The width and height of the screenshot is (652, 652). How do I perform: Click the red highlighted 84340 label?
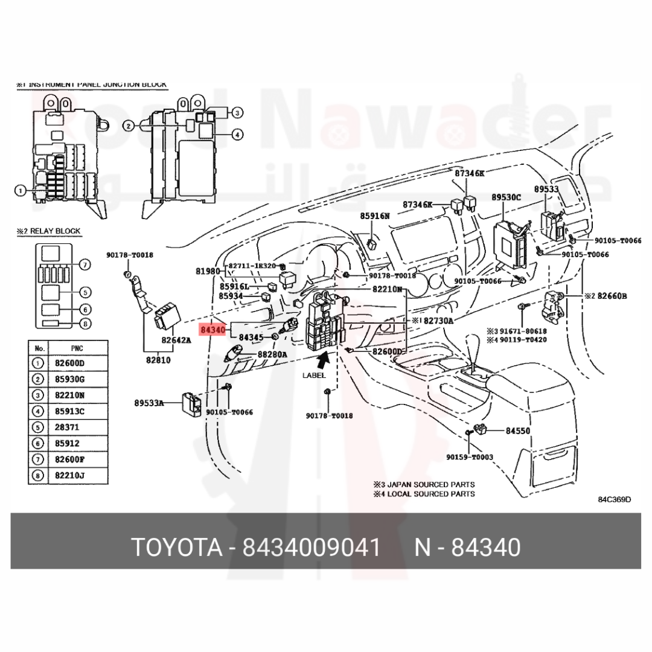coord(213,330)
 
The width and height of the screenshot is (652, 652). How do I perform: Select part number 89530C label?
coord(506,197)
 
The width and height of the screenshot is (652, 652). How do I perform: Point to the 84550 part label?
coord(517,431)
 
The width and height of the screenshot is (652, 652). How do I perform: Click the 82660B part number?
coord(613,296)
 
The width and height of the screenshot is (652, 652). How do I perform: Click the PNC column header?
coord(77,348)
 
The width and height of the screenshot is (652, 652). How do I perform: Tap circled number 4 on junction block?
coord(237,135)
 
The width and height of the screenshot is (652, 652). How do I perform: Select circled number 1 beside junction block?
coord(20,191)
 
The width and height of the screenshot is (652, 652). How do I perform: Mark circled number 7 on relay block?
coord(85,264)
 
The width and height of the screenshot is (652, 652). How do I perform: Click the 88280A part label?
coord(272,355)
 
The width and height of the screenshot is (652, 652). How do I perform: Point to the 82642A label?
coord(176,340)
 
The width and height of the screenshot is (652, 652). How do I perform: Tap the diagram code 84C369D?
coord(615,499)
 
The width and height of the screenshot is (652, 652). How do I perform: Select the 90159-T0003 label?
coord(470,457)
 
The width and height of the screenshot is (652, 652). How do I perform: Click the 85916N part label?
coord(375,216)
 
